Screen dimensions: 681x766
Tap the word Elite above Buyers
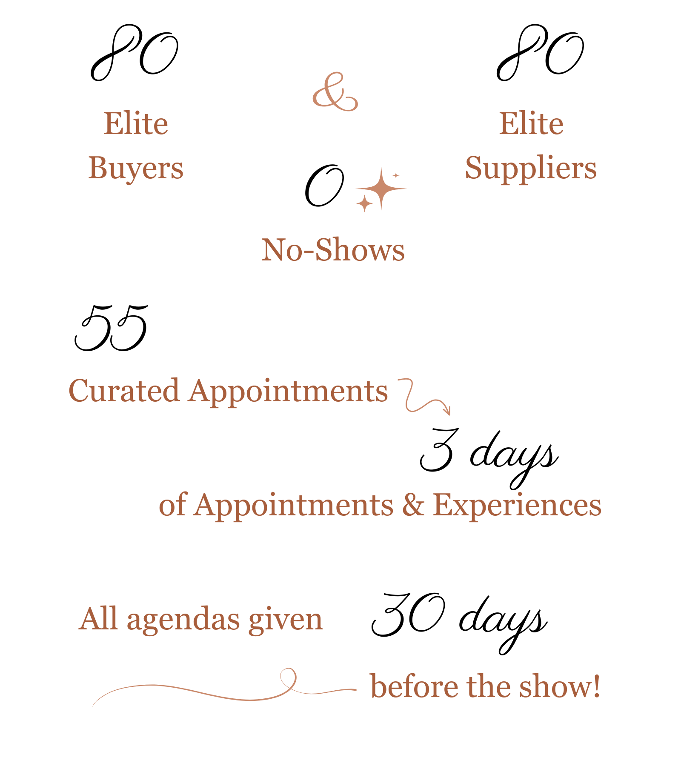pyautogui.click(x=136, y=124)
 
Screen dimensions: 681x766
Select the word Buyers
pyautogui.click(x=136, y=169)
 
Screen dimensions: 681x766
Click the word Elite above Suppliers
pyautogui.click(x=531, y=124)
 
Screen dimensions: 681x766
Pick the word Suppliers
pyautogui.click(x=531, y=169)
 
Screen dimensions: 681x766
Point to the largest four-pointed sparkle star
pyautogui.click(x=381, y=188)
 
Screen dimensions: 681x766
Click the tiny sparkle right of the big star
pyautogui.click(x=396, y=175)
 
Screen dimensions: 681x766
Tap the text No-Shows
pyautogui.click(x=333, y=250)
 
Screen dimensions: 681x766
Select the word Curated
pyautogui.click(x=123, y=391)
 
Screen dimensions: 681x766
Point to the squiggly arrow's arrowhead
pyautogui.click(x=447, y=411)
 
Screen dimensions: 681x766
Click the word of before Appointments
pyautogui.click(x=172, y=505)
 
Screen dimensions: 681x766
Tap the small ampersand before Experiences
pyautogui.click(x=413, y=505)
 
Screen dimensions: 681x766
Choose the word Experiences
pyautogui.click(x=517, y=506)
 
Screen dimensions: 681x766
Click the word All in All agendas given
pyautogui.click(x=98, y=619)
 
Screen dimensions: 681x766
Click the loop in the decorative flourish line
pyautogui.click(x=288, y=677)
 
